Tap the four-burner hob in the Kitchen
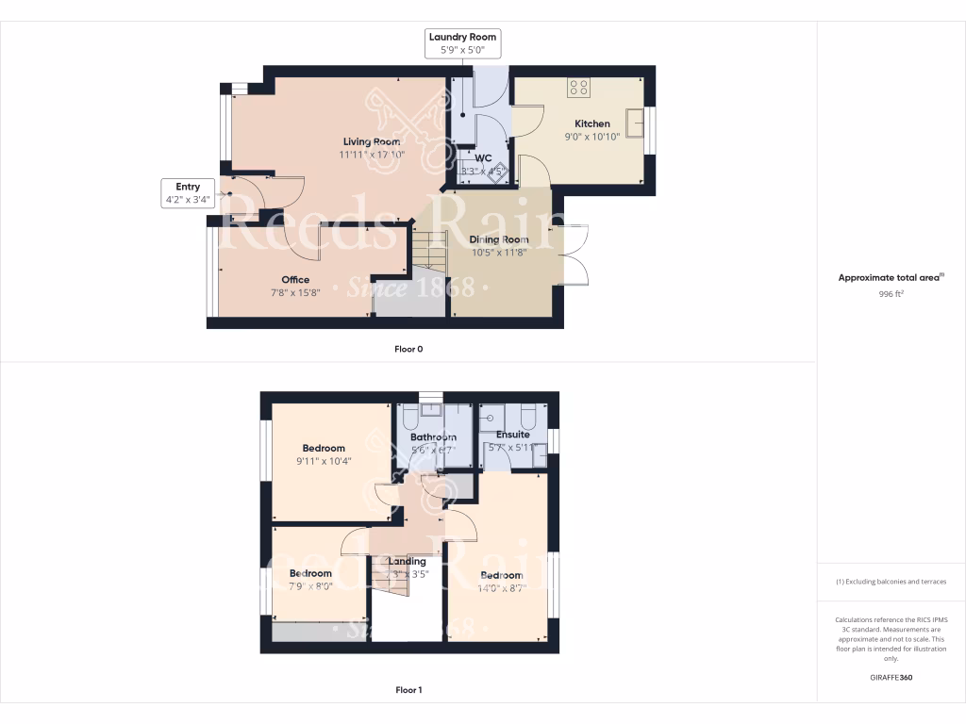pos(578,88)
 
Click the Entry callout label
pos(188,193)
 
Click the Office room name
pos(295,279)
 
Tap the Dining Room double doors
pos(575,255)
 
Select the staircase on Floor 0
pos(428,253)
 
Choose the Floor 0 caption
pos(408,349)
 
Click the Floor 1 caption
pos(408,690)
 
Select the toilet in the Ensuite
pos(527,416)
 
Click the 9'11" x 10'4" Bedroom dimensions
pos(324,462)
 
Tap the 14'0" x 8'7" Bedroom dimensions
pos(501,588)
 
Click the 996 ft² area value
pos(891,293)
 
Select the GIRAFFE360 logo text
pos(891,677)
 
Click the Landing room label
pos(408,561)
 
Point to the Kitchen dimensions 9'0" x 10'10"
pos(592,137)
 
